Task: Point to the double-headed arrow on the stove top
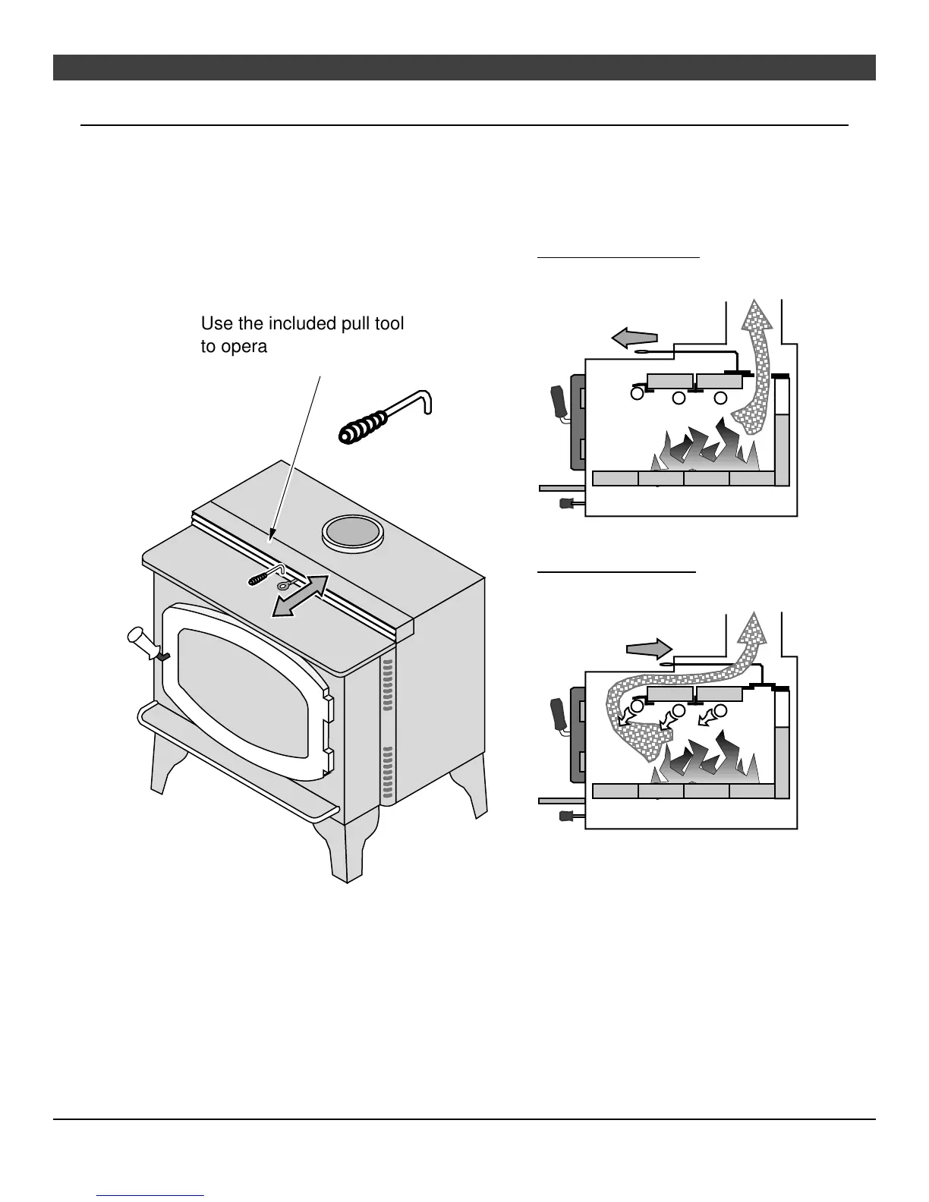tap(301, 596)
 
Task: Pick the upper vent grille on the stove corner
tap(388, 685)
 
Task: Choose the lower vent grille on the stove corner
tap(388, 775)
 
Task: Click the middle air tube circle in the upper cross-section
tap(679, 398)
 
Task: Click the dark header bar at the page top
tap(464, 68)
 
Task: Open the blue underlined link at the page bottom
tap(151, 1196)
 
